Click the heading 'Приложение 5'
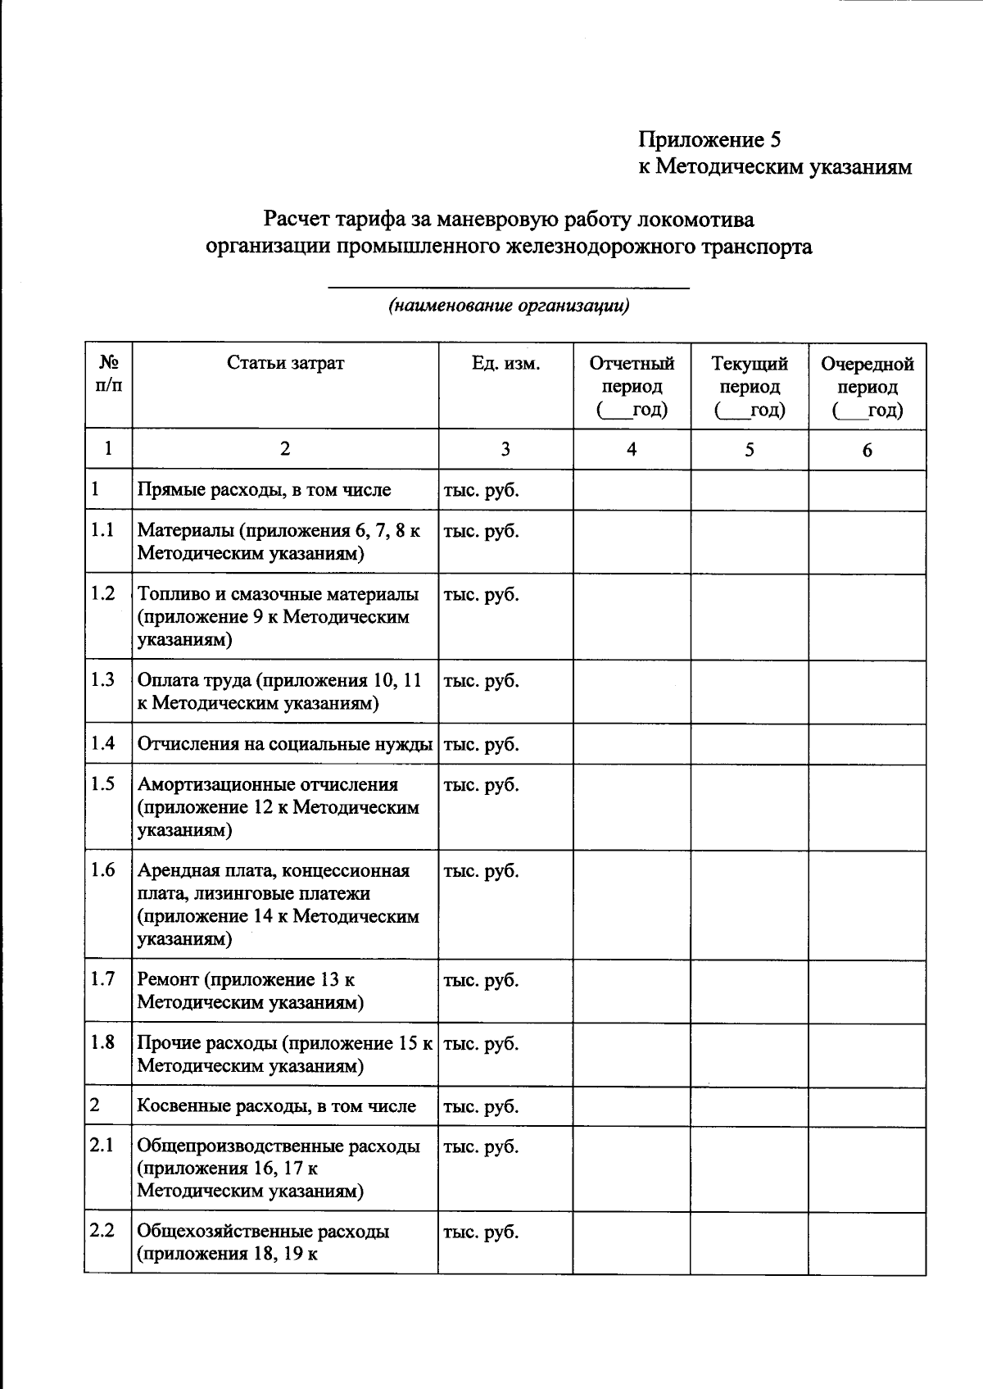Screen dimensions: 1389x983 point(709,139)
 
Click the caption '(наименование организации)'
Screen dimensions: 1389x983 point(509,306)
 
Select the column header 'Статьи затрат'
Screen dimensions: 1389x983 point(285,363)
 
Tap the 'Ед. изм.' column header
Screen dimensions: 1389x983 point(505,363)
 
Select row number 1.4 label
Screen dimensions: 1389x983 point(103,743)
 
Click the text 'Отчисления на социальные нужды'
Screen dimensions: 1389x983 point(285,744)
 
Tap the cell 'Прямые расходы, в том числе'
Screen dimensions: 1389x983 point(264,490)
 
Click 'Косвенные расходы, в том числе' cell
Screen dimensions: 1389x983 point(276,1106)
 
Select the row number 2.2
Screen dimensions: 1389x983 point(103,1231)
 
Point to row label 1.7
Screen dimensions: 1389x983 point(103,978)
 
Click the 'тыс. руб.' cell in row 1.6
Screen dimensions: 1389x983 point(482,871)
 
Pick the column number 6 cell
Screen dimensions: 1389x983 point(867,450)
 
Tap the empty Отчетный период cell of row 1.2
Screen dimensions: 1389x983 point(632,617)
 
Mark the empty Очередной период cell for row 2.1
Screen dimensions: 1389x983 point(867,1168)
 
